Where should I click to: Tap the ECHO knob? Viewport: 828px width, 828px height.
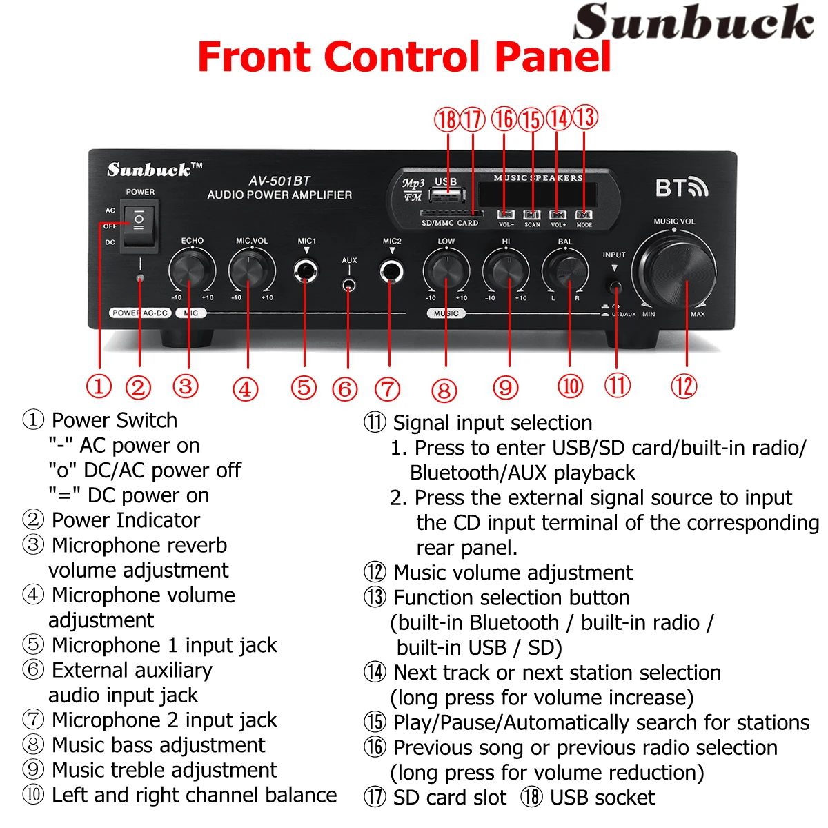(x=191, y=270)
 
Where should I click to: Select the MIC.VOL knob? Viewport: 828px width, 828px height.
(x=251, y=270)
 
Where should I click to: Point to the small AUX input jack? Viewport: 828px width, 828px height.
(x=349, y=284)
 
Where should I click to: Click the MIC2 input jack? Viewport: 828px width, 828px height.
(x=391, y=270)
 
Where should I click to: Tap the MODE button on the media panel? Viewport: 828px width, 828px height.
(x=584, y=215)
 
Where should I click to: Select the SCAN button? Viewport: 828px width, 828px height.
(x=532, y=215)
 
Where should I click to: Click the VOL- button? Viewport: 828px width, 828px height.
(x=506, y=215)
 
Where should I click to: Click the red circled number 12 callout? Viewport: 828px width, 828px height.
(x=684, y=386)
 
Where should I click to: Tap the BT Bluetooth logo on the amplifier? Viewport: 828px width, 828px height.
(x=681, y=188)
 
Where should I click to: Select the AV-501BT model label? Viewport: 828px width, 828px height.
(x=279, y=181)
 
